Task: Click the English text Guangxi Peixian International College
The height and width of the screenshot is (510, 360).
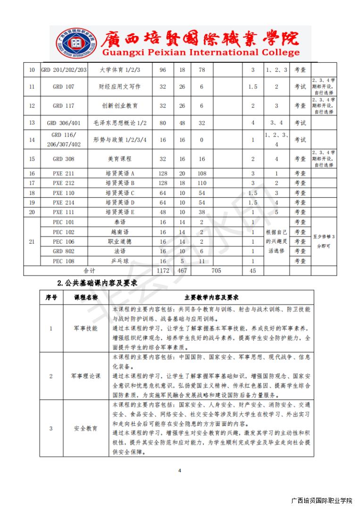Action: (x=201, y=52)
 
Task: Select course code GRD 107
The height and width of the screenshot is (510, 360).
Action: (x=64, y=87)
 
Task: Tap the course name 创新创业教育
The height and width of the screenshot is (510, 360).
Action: (x=120, y=106)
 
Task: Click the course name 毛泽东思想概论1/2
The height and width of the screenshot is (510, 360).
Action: (x=120, y=123)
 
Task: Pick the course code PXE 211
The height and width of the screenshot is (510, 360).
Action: (x=64, y=173)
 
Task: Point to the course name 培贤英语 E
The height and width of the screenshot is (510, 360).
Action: (x=120, y=212)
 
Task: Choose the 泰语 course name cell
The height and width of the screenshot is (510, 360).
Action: (x=120, y=222)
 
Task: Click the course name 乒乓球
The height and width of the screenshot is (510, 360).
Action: (x=120, y=261)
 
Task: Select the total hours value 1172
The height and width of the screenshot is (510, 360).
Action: (x=163, y=271)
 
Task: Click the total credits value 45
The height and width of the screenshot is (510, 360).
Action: (x=253, y=271)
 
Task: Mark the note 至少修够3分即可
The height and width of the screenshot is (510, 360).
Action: (x=324, y=241)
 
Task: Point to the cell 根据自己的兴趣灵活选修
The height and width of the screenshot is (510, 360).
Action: (x=276, y=241)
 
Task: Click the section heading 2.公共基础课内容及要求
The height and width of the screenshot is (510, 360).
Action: (x=97, y=283)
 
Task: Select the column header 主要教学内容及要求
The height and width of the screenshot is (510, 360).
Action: (x=211, y=297)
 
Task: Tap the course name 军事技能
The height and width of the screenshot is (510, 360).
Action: (x=86, y=328)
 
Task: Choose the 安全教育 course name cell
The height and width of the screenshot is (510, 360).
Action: (x=86, y=428)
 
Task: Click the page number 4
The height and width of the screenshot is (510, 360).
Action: (x=180, y=470)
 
